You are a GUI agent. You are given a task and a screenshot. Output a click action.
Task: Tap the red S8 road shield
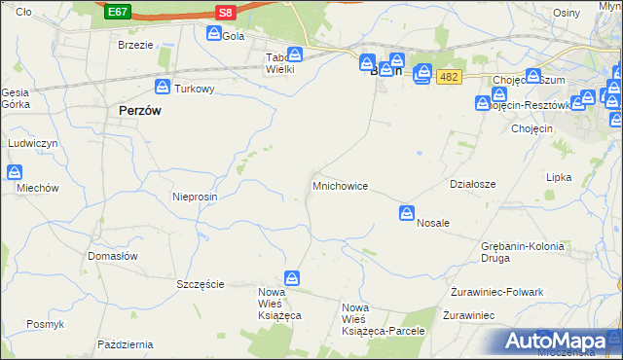[226, 12]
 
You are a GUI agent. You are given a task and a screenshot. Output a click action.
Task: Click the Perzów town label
[139, 111]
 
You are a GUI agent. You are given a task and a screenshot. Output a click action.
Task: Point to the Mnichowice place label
[340, 185]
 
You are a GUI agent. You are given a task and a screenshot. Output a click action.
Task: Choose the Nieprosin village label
[195, 196]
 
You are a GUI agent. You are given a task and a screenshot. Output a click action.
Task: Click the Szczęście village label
[201, 284]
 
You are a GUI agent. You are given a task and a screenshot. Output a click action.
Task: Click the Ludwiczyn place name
[34, 143]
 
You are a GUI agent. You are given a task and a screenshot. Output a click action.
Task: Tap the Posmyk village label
[46, 324]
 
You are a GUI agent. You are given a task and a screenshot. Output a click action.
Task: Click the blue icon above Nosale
[408, 213]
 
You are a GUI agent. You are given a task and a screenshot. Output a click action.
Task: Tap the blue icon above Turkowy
[165, 87]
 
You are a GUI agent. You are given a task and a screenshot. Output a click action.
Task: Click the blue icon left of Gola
[214, 34]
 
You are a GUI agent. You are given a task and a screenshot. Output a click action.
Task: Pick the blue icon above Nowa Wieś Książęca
[291, 278]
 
